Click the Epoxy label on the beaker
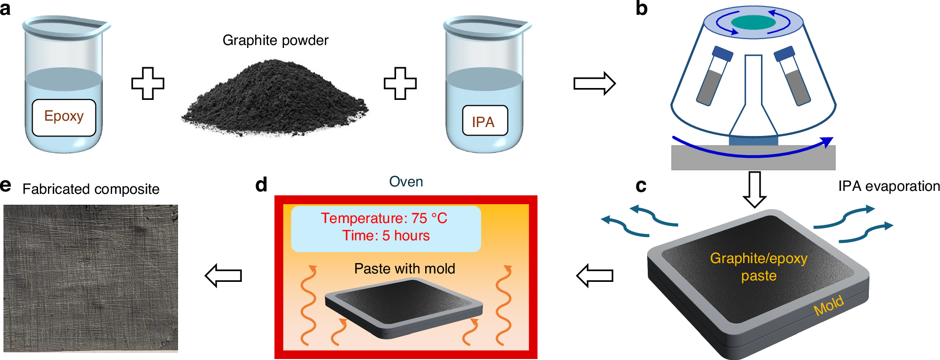click(x=64, y=117)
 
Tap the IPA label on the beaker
click(x=484, y=121)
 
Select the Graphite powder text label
click(x=275, y=41)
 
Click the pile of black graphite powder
click(x=275, y=99)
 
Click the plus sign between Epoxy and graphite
click(x=147, y=83)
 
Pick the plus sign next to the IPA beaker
click(x=400, y=83)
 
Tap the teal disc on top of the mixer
click(x=753, y=22)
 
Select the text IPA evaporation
click(x=889, y=186)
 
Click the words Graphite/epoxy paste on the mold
click(x=759, y=267)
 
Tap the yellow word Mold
click(x=828, y=306)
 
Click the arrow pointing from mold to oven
click(x=595, y=275)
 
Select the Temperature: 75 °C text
click(x=384, y=218)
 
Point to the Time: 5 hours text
click(x=386, y=235)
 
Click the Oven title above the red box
click(x=405, y=182)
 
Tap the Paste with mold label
click(x=404, y=269)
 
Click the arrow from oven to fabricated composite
click(x=224, y=275)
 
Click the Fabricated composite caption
click(x=91, y=189)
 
